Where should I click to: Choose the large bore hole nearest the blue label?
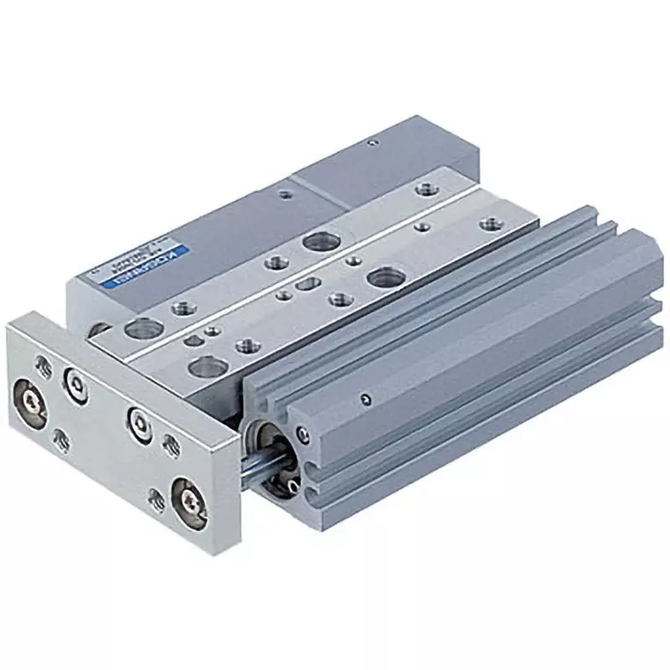tap(134, 328)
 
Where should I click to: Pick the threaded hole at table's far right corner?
tap(488, 224)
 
